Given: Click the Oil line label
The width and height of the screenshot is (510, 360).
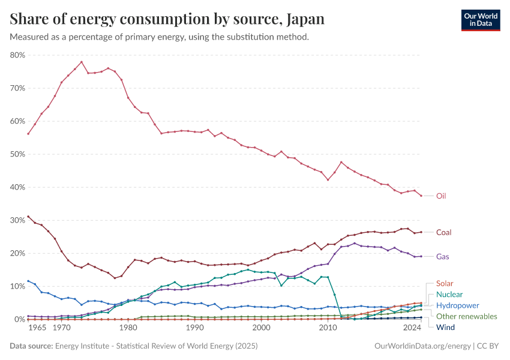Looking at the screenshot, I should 441,196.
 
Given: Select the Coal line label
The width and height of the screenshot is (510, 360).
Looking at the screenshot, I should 443,232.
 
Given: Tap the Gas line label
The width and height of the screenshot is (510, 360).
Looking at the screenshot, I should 442,256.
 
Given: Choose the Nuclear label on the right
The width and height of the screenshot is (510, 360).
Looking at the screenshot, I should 449,294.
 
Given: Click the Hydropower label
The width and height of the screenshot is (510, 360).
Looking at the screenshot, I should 457,305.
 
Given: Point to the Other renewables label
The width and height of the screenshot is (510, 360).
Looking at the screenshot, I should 466,316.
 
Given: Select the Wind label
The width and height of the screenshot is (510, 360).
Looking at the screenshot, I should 445,327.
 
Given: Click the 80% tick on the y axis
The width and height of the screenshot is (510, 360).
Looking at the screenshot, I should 17,55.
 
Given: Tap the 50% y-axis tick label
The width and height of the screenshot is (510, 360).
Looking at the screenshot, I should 17,154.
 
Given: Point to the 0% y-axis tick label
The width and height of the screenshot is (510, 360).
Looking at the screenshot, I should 19,319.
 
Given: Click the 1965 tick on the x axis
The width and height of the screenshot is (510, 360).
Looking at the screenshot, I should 37,328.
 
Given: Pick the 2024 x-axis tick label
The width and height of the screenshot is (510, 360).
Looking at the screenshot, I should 412,328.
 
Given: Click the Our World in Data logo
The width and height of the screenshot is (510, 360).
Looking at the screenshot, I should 480,20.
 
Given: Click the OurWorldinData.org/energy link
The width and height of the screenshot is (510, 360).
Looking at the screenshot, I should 422,346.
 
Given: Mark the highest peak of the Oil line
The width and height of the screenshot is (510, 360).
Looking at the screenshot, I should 82,62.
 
